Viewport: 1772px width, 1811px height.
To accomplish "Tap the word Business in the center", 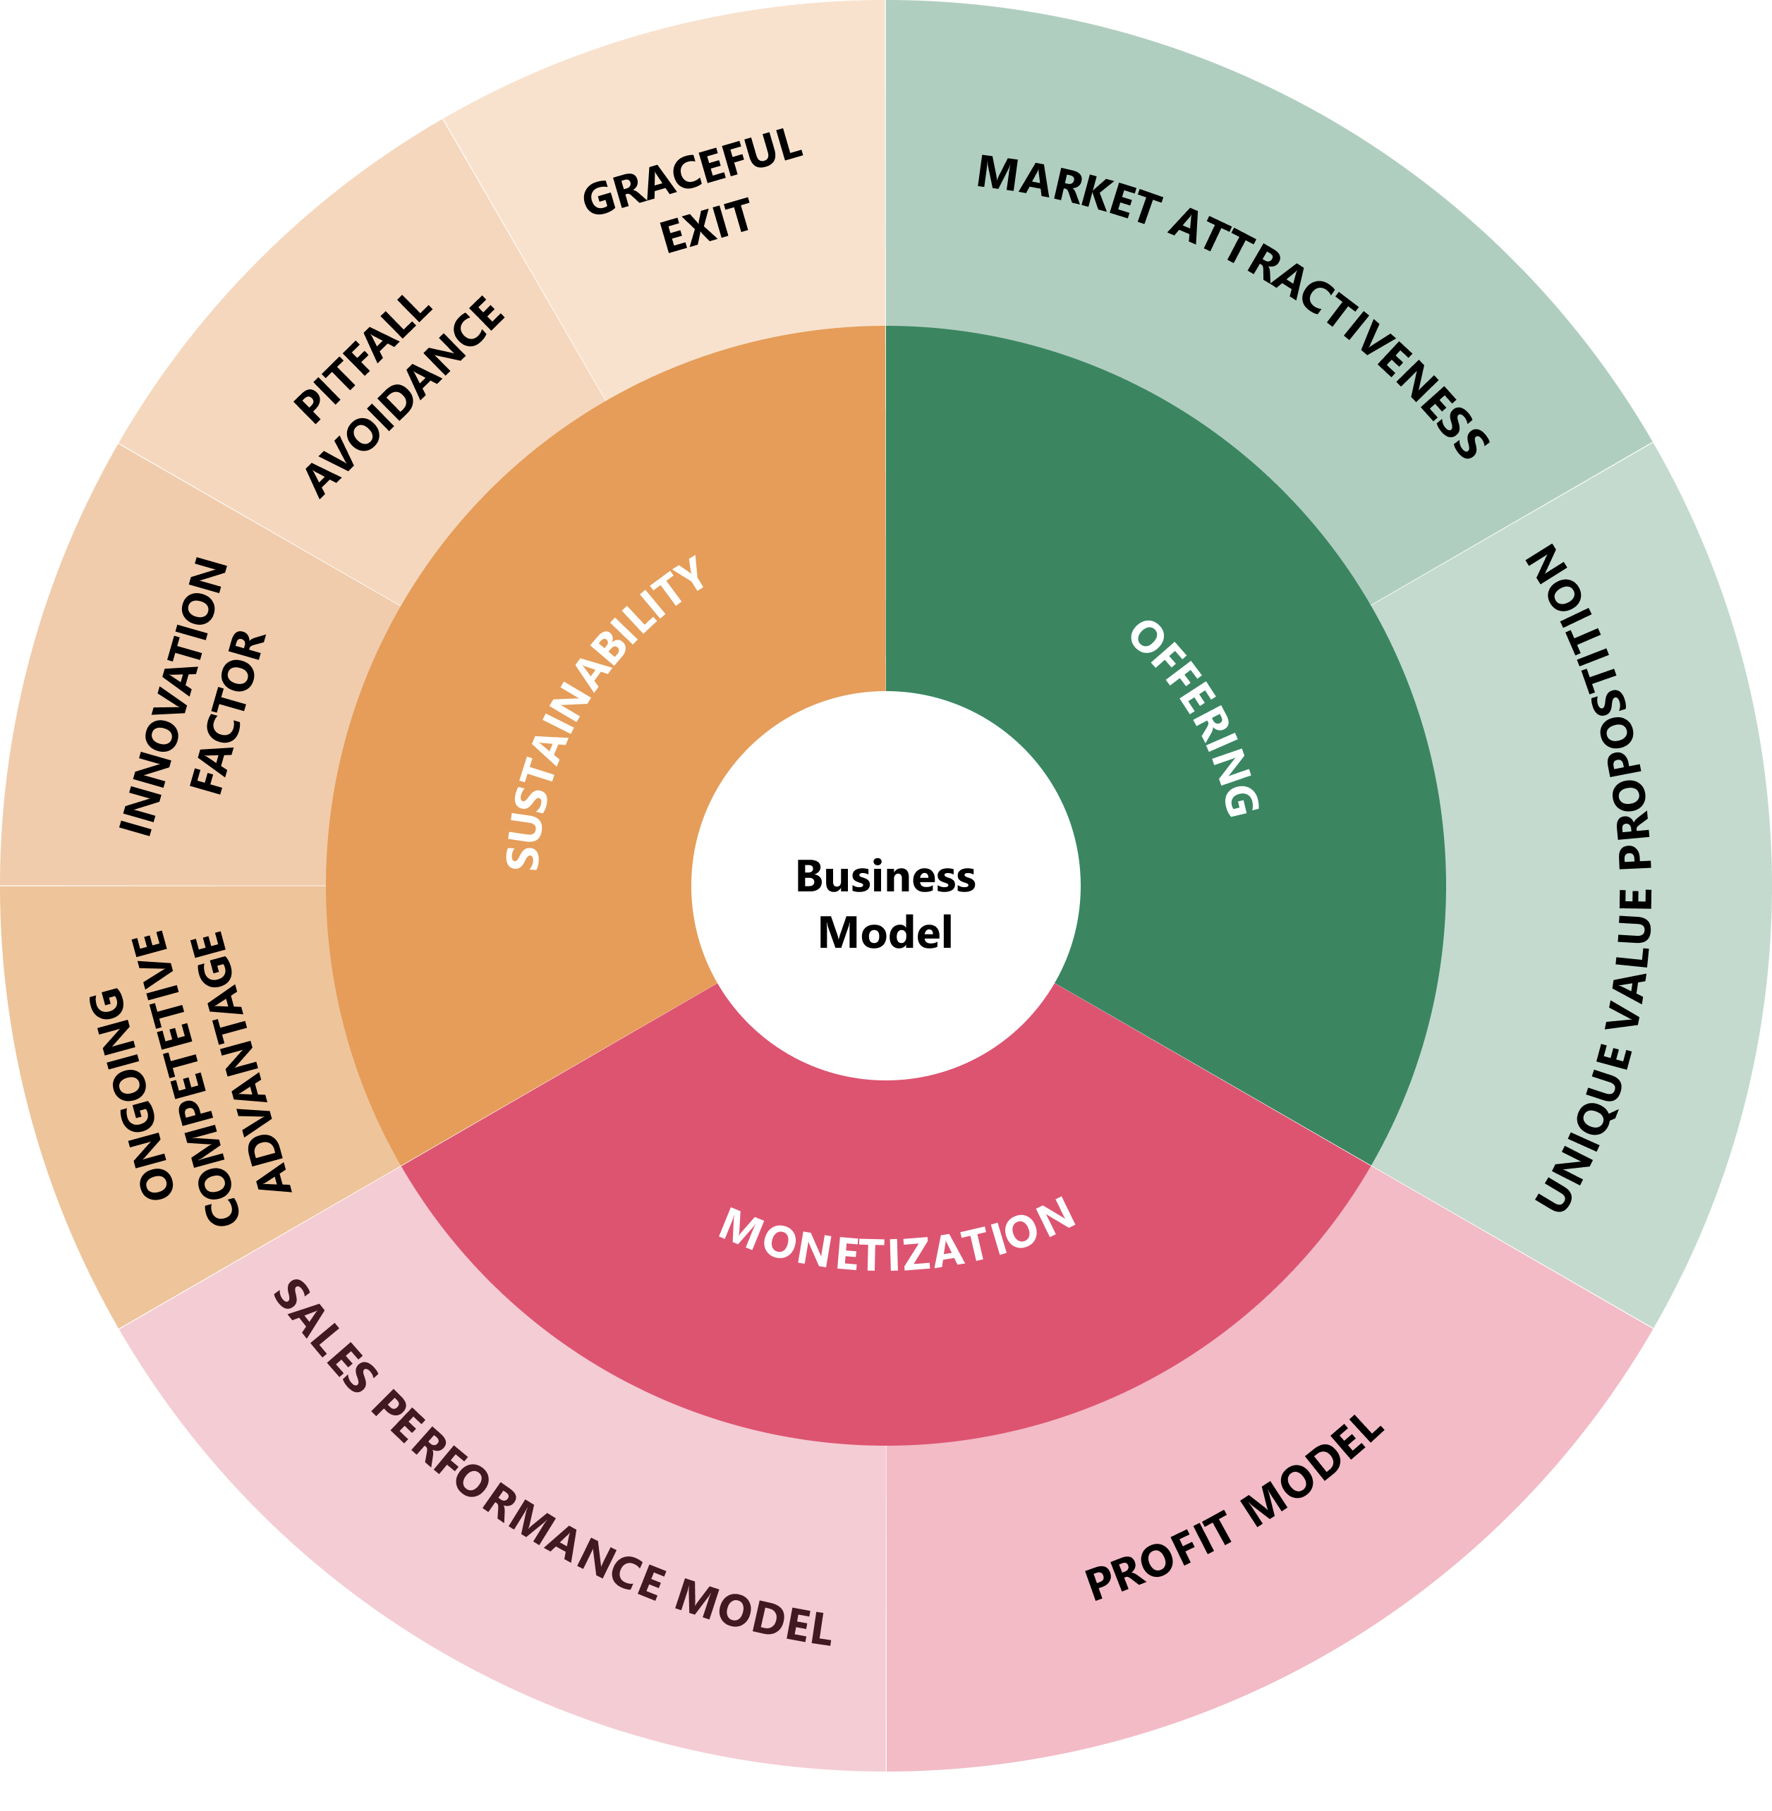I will click(x=885, y=877).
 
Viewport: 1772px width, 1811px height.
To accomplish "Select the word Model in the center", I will click(x=885, y=932).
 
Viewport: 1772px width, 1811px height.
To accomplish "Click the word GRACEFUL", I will click(x=693, y=172).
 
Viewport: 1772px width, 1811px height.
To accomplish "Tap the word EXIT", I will click(x=705, y=226).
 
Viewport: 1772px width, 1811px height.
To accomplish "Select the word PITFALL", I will click(x=363, y=358).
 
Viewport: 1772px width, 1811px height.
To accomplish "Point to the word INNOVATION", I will click(x=174, y=696).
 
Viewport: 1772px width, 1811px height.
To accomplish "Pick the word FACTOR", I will click(x=229, y=713).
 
